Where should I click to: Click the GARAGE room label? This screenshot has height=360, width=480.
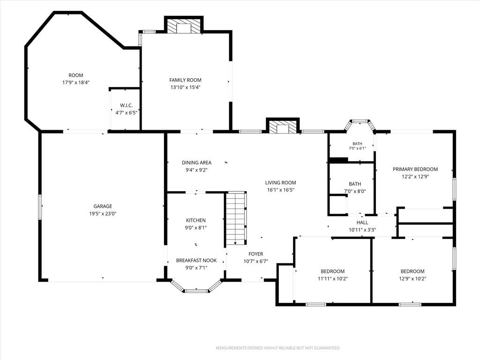[103, 206]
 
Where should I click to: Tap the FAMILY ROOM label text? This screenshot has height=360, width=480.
[185, 80]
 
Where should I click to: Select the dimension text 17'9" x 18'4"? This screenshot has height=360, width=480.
[76, 82]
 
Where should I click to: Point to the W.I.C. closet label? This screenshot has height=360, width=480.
[126, 105]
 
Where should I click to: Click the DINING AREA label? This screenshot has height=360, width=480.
[196, 163]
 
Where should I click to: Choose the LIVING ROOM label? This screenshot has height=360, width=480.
[280, 182]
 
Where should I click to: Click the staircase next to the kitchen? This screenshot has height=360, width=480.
[236, 218]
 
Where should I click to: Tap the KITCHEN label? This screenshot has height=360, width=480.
[196, 220]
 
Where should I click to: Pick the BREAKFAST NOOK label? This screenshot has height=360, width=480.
[196, 261]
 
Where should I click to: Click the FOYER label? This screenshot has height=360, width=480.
[255, 254]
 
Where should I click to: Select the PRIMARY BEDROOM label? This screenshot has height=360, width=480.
[415, 169]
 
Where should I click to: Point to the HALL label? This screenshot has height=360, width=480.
[362, 223]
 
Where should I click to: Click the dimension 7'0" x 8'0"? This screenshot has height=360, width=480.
[355, 191]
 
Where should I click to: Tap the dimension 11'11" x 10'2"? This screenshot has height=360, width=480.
[333, 278]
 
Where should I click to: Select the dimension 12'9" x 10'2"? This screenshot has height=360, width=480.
[412, 278]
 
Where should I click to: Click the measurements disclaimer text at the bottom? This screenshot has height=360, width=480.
[278, 348]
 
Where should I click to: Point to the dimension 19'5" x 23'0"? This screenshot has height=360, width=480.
[103, 214]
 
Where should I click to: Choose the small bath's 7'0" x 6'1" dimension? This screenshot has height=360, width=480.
[357, 149]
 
